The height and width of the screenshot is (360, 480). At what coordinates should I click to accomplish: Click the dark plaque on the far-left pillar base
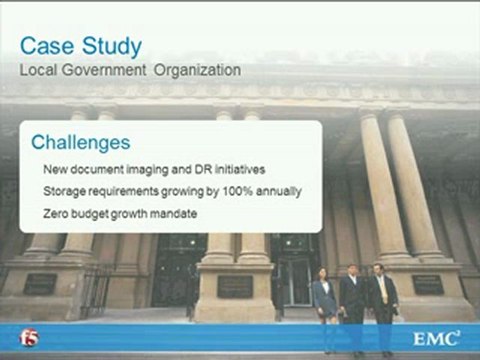click(40, 284)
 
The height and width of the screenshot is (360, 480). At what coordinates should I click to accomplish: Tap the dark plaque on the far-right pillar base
click(427, 284)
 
